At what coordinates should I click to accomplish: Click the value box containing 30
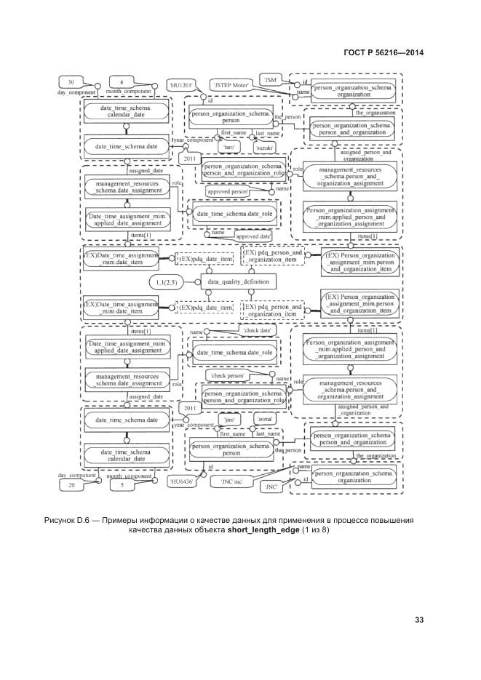point(71,81)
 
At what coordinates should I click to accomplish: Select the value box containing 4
point(121,81)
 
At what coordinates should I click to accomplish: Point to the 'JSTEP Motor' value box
point(231,85)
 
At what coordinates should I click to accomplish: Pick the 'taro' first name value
point(228,146)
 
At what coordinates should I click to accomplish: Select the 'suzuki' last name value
point(263,147)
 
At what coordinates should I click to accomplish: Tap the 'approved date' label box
point(253,236)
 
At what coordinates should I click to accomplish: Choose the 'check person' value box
point(228,375)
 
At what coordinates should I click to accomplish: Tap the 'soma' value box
point(263,420)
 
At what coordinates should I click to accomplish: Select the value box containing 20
point(71,485)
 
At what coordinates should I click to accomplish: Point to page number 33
point(419,620)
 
